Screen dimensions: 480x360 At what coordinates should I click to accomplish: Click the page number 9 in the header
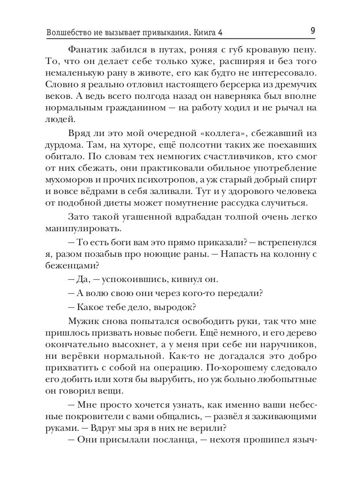click(312, 30)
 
